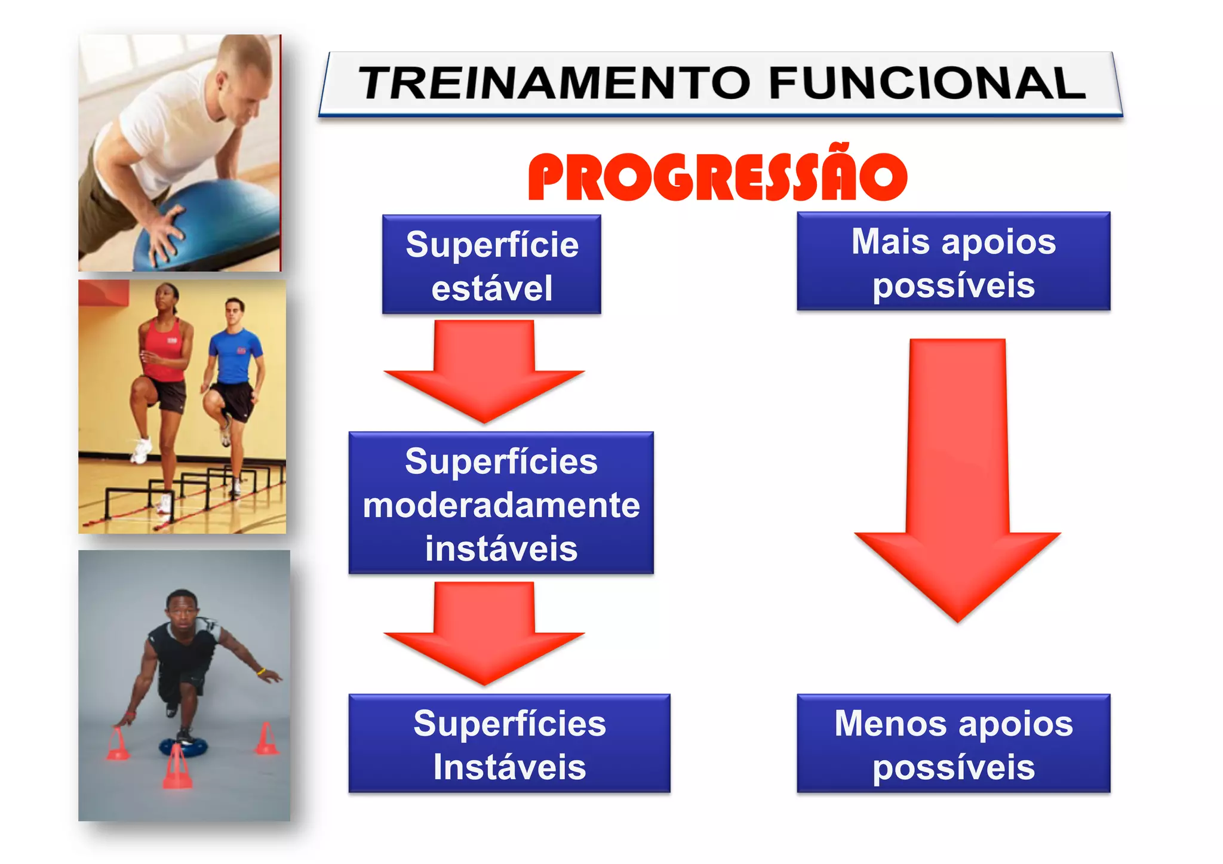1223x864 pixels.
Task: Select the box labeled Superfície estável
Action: point(491,265)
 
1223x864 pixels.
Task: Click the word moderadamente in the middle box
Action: point(501,505)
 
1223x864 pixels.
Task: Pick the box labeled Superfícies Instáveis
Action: point(509,743)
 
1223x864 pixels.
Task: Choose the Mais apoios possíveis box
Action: point(953,262)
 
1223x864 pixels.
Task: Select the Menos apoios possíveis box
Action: point(953,743)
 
